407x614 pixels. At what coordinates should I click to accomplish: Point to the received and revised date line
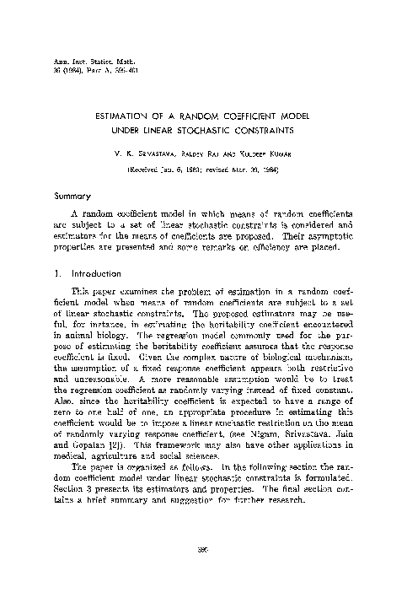pos(201,169)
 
